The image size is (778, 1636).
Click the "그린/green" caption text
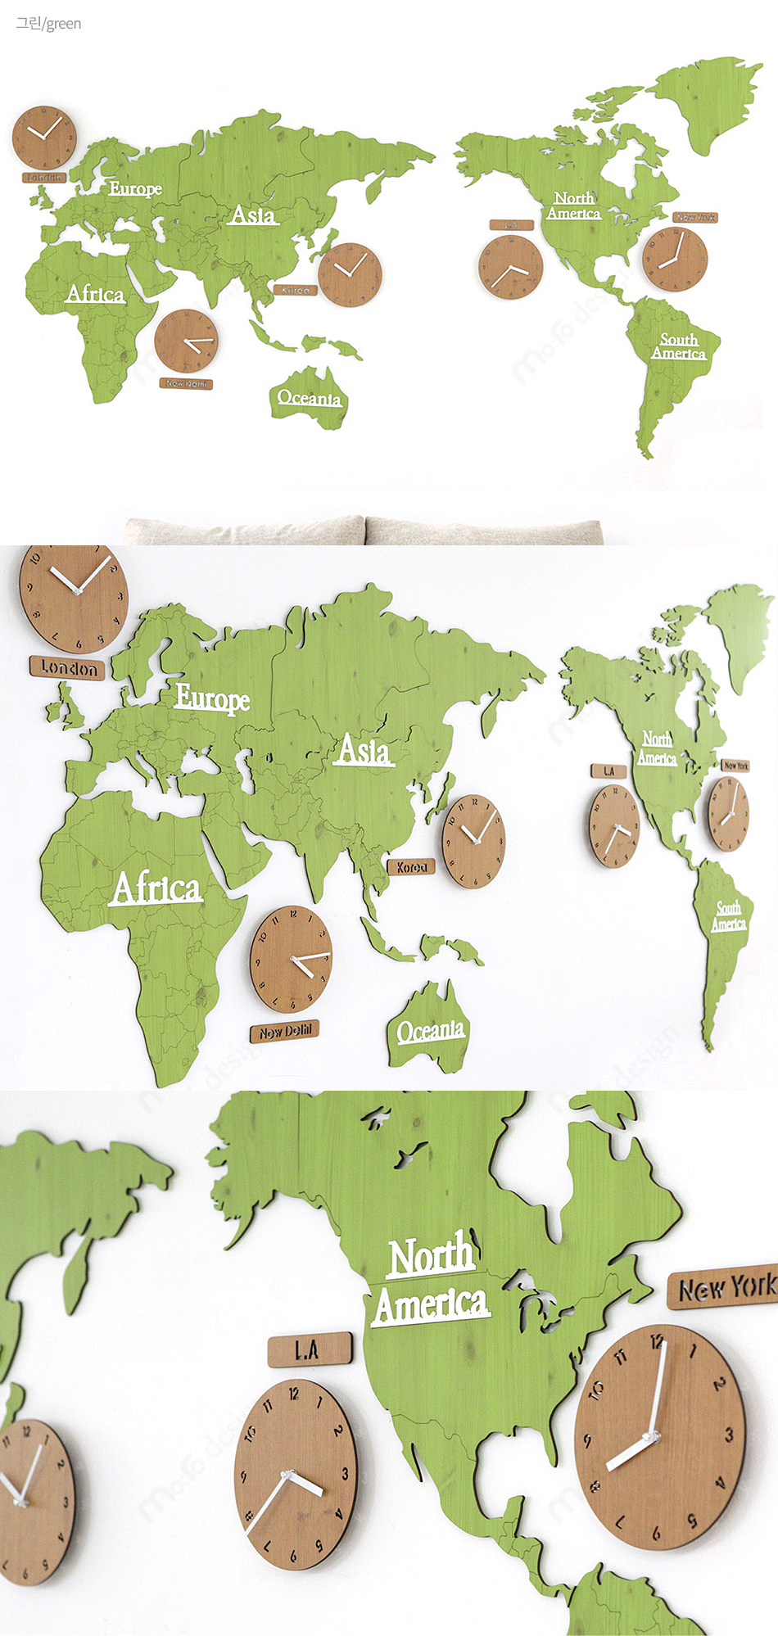[48, 24]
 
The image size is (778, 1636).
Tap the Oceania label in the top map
[309, 399]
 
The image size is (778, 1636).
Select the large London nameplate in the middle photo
[67, 668]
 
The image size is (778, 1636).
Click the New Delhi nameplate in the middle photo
[285, 1032]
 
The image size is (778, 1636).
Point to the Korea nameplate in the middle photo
[411, 867]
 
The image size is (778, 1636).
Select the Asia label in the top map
[253, 215]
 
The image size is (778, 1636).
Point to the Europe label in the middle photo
[212, 698]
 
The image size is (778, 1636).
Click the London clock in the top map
[43, 138]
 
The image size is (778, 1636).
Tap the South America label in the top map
[679, 346]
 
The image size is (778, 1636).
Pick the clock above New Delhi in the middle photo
[291, 959]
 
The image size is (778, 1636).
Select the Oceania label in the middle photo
[431, 1030]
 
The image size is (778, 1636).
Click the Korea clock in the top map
[350, 274]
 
